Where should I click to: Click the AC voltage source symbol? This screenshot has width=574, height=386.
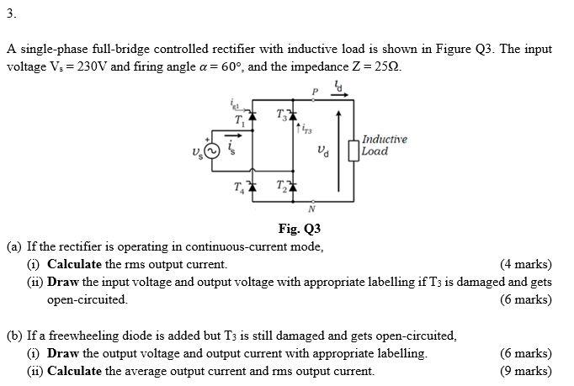tap(212, 151)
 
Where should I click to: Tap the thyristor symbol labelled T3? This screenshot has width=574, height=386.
tap(291, 115)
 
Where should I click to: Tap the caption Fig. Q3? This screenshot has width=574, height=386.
tap(299, 229)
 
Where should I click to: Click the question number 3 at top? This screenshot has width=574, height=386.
tap(10, 13)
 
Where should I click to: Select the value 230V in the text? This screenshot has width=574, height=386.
tap(85, 66)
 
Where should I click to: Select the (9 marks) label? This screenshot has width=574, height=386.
tap(525, 371)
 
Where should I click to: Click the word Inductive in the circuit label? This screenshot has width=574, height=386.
tap(385, 139)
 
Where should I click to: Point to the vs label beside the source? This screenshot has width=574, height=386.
tap(194, 152)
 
